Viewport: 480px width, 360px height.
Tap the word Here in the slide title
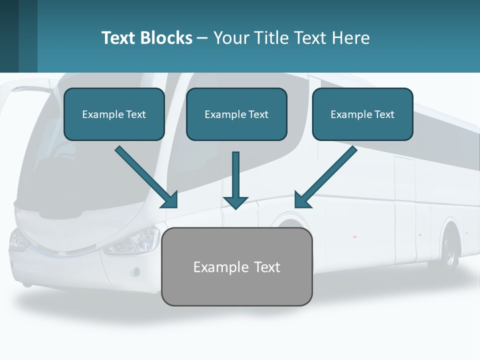tap(351, 38)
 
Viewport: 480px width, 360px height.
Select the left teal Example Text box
tap(114, 114)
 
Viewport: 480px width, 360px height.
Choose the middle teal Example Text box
tap(236, 114)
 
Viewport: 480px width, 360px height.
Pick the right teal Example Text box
tap(362, 114)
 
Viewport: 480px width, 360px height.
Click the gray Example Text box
tap(236, 266)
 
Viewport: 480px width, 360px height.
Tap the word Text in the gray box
tap(267, 267)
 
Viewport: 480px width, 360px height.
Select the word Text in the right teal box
tap(384, 114)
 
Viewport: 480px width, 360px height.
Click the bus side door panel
tap(404, 210)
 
